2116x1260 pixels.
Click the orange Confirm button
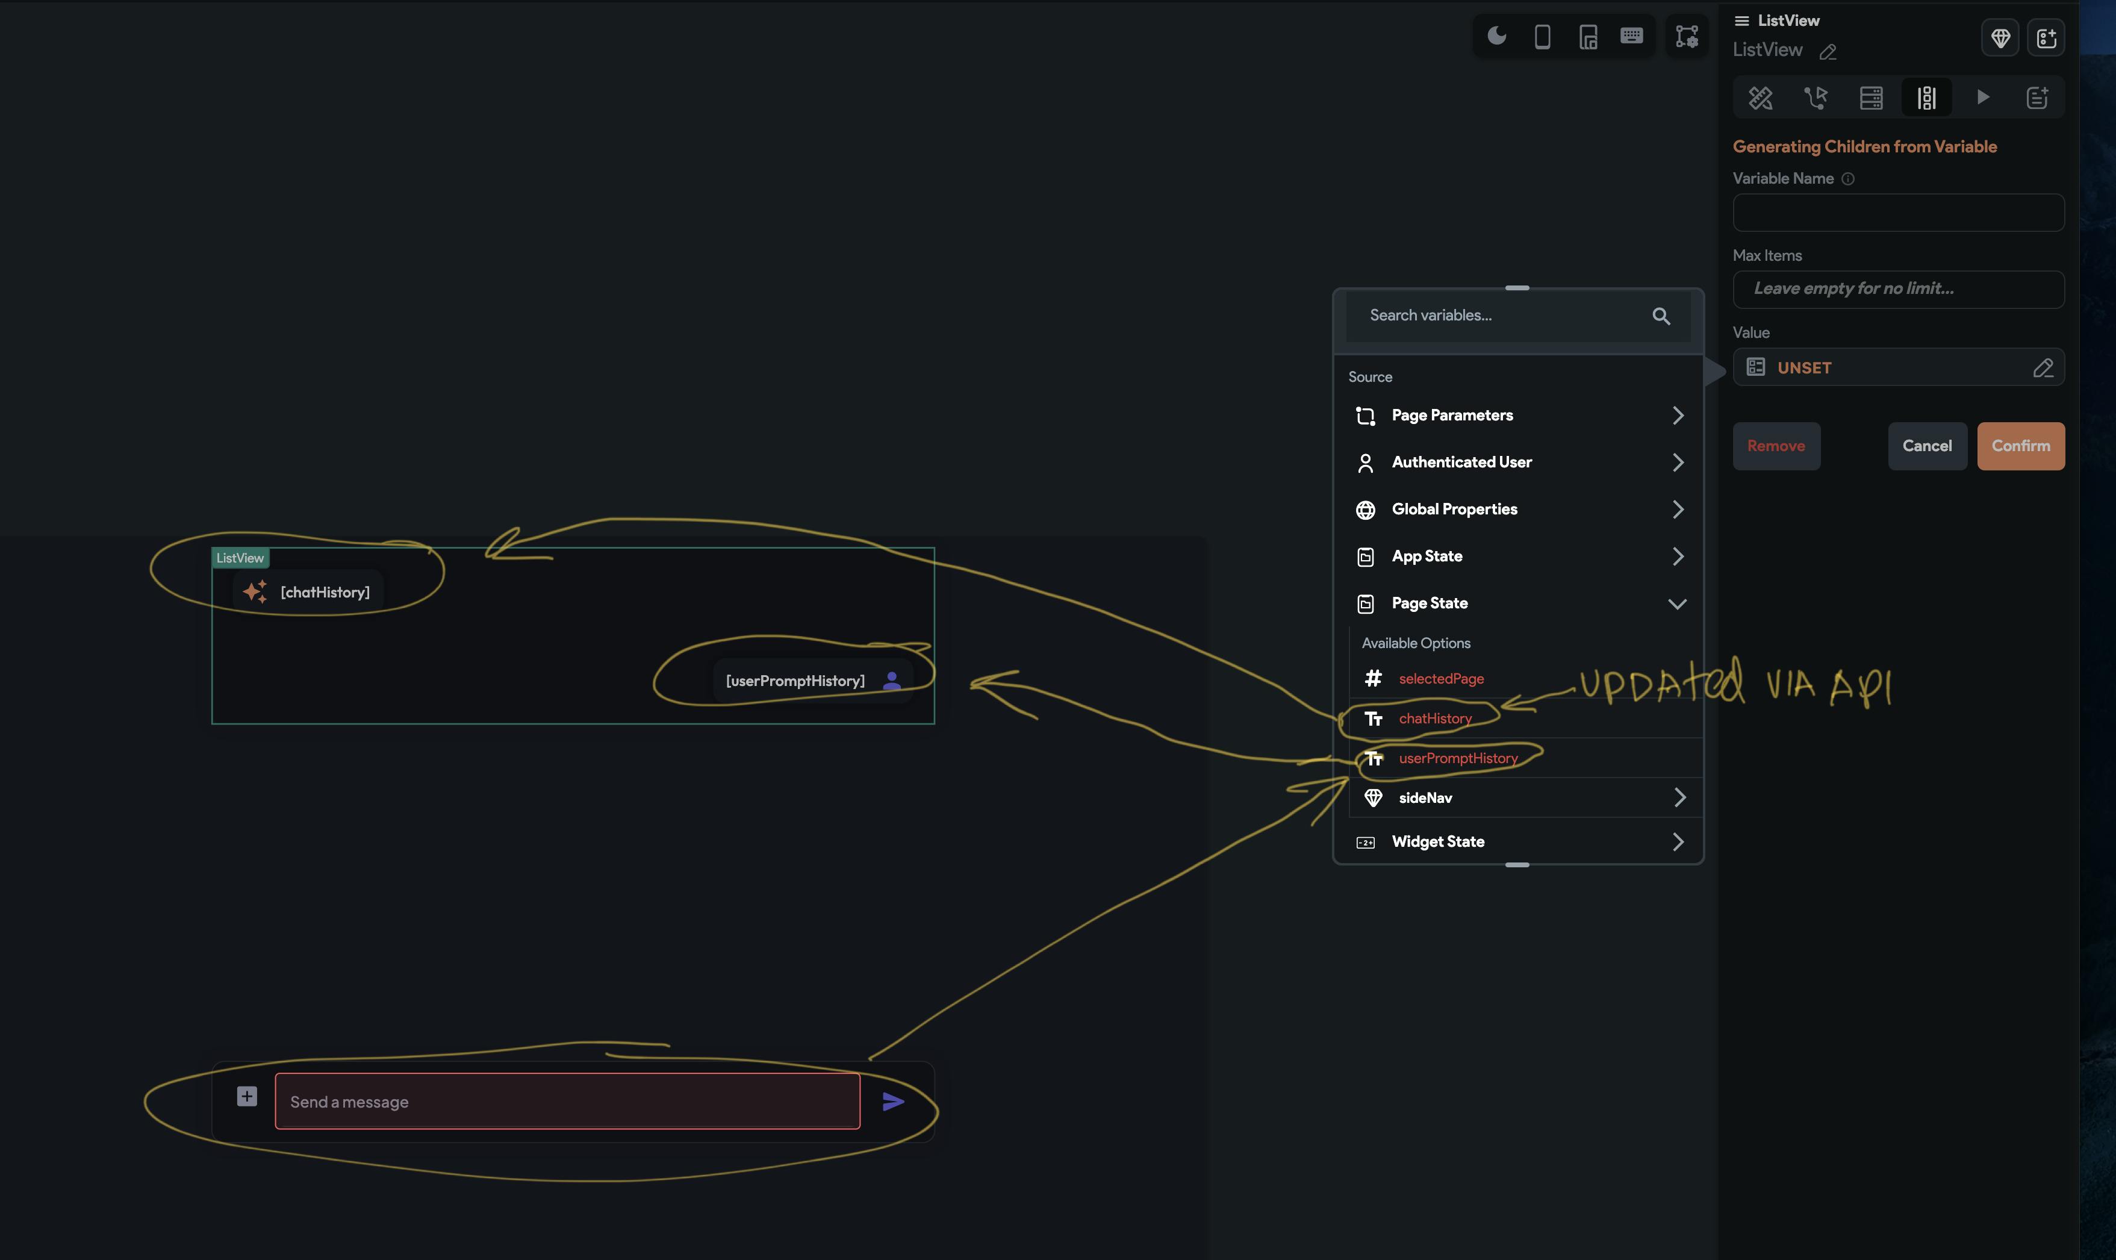click(x=2020, y=446)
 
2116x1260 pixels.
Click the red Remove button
click(x=1776, y=446)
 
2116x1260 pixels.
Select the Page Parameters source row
click(x=1517, y=415)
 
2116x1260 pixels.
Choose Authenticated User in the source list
click(x=1517, y=462)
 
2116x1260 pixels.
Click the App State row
click(x=1517, y=556)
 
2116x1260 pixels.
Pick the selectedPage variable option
click(x=1440, y=678)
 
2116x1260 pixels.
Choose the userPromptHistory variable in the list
click(x=1457, y=758)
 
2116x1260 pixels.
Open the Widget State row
click(x=1517, y=841)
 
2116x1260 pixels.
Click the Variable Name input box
click(x=1898, y=212)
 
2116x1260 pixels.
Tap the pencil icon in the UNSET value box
click(x=2042, y=367)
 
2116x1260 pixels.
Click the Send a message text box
click(x=567, y=1101)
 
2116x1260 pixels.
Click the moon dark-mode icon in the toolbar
click(x=1496, y=36)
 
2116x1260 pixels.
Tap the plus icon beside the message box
click(x=246, y=1096)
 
